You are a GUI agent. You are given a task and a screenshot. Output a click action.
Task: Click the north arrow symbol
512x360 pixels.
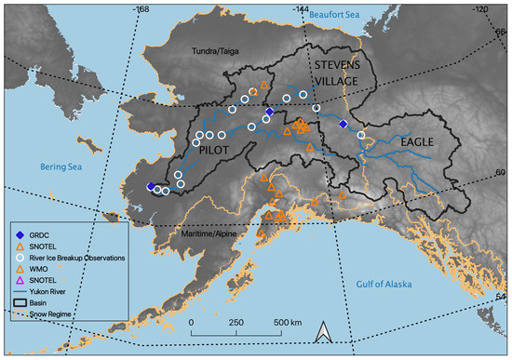tap(324, 332)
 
